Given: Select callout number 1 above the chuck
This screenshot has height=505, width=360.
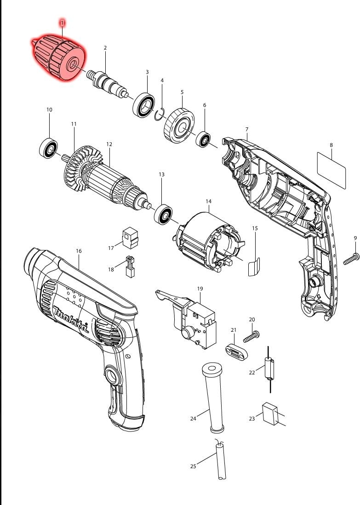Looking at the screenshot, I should click(62, 22).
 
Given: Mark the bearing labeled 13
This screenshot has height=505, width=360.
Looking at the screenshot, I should click(163, 215).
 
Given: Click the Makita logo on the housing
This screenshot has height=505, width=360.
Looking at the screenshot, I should click(71, 320).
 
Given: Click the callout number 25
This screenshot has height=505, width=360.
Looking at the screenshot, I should click(193, 466).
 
